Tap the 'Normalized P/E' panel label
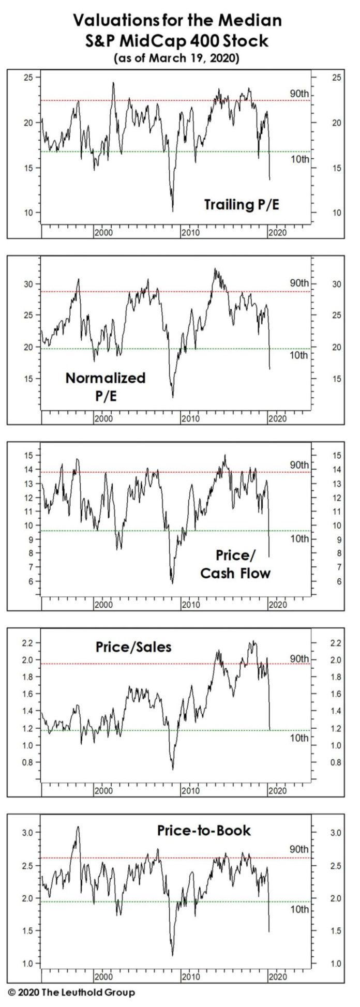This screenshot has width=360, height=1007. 105,385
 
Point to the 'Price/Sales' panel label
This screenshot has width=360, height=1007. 133,647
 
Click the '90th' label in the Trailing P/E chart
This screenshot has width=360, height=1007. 298,93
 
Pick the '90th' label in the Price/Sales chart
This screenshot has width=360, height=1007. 298,658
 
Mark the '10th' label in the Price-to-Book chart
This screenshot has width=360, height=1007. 298,909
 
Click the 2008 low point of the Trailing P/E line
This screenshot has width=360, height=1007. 172,211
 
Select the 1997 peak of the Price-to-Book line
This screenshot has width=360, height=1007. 78,827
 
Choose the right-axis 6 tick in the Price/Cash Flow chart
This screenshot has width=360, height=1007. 324,581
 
